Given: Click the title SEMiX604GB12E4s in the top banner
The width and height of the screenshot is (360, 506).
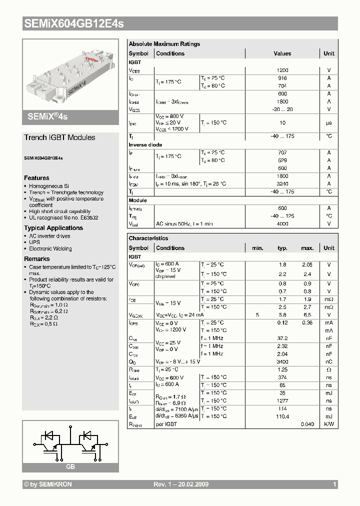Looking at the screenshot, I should click(x=73, y=23).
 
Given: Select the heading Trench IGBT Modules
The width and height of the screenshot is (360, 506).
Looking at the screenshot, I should click(x=59, y=137).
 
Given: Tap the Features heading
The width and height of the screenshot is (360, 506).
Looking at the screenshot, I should click(x=36, y=178).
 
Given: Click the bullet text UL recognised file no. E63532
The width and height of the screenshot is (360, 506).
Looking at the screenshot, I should click(x=63, y=218).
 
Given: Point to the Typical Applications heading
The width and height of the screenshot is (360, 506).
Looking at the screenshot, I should click(x=53, y=228).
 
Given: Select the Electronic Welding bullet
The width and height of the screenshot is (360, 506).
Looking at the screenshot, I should click(x=50, y=248).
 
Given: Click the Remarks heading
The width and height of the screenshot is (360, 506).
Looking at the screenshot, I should click(x=37, y=259).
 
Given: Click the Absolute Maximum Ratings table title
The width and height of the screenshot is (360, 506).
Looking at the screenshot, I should click(x=164, y=44).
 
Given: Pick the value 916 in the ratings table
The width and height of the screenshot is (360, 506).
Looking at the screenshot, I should click(x=282, y=78).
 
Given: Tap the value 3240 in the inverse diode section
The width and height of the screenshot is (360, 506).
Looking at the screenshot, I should click(x=282, y=184).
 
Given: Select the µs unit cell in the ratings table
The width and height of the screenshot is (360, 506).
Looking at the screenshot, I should click(x=329, y=122).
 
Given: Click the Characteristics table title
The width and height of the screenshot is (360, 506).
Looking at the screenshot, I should click(x=148, y=238).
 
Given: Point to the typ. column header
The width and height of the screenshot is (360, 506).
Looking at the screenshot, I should click(x=282, y=248).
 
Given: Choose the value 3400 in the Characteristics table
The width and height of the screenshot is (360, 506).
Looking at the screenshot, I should click(x=282, y=361).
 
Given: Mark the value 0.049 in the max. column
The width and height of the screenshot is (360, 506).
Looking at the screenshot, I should click(x=307, y=424).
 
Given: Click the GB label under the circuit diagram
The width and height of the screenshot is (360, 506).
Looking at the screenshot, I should click(x=70, y=466).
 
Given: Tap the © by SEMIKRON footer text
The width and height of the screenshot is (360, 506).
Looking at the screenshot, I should click(x=48, y=484).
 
